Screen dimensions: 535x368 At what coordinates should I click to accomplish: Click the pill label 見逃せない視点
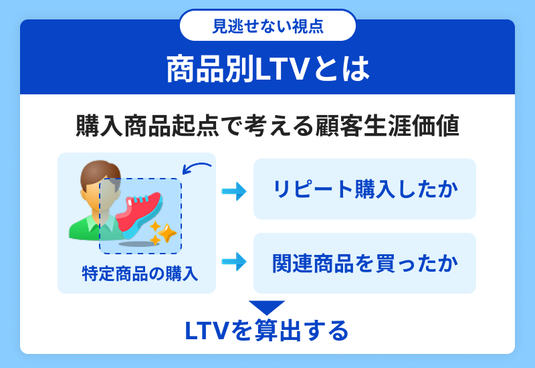[x=268, y=26]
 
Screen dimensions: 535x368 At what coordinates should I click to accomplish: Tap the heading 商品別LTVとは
[x=268, y=70]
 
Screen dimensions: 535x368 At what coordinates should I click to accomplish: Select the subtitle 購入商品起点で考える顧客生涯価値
[x=267, y=126]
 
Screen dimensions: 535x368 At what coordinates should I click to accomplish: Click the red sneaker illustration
[x=139, y=213]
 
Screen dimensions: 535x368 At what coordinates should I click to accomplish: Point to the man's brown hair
[x=99, y=173]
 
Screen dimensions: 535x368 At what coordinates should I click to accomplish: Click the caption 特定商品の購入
[x=140, y=274]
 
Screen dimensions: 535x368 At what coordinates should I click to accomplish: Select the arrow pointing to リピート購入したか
[x=234, y=191]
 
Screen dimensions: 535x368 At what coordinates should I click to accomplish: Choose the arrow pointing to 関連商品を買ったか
[x=234, y=262]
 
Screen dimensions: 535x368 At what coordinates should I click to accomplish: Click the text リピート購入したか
[x=365, y=189]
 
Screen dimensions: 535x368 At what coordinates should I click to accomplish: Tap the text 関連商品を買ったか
[x=365, y=263]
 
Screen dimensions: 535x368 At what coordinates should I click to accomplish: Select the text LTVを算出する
[x=267, y=331]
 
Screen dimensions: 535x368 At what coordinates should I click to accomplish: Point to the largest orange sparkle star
[x=167, y=233]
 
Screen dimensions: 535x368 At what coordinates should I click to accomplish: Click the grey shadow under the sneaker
[x=139, y=244]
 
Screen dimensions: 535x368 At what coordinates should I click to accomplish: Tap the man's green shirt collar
[x=100, y=222]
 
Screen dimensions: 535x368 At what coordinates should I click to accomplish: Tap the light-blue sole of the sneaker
[x=143, y=225]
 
